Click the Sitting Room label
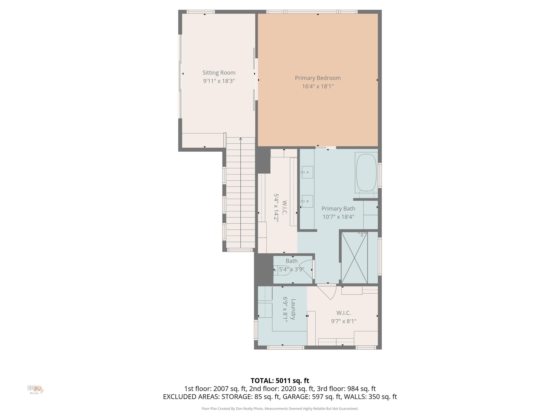[219, 73]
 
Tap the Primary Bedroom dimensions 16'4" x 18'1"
[318, 86]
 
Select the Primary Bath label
[338, 209]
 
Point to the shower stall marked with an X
[354, 257]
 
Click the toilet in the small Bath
[282, 270]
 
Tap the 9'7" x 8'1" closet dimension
[343, 321]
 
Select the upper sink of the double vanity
[307, 172]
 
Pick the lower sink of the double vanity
[307, 201]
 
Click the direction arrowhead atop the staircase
[240, 139]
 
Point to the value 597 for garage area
[318, 397]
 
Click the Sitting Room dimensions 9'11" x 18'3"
[219, 81]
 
